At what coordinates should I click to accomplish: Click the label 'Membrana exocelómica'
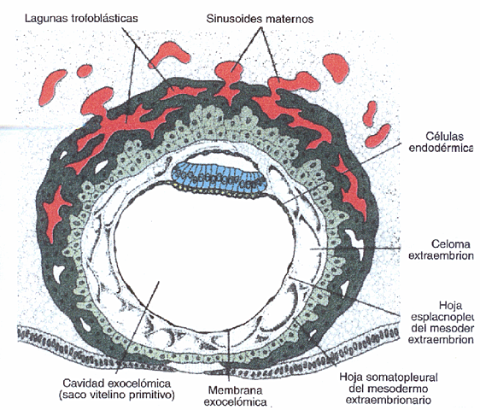(x=234, y=393)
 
